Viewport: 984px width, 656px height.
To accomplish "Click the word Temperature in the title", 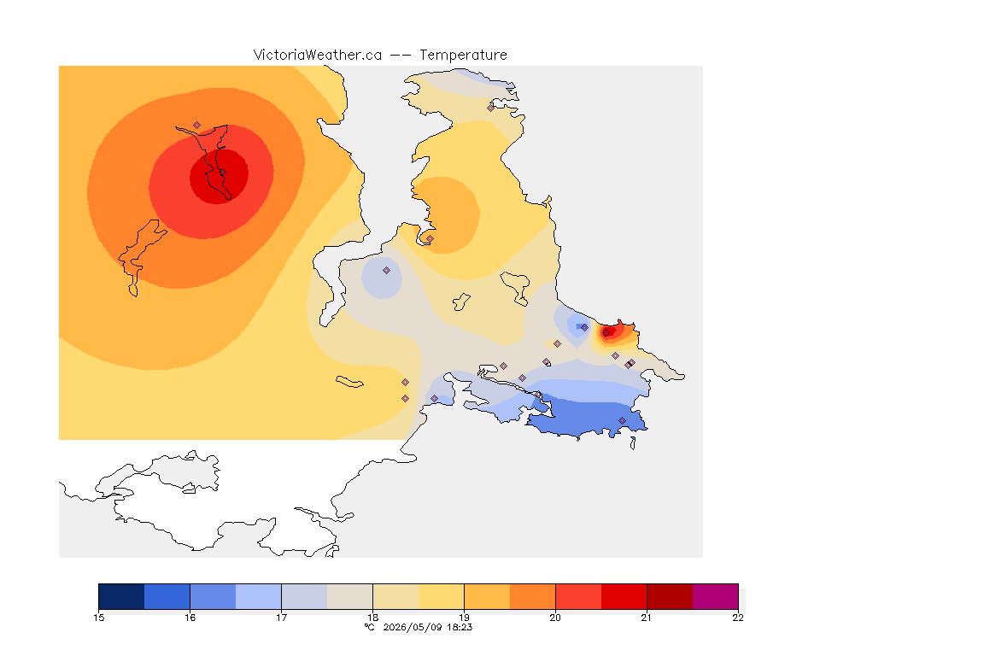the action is [463, 56].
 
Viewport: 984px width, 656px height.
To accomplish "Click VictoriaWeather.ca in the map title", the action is [318, 56].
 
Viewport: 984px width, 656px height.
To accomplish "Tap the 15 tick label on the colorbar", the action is [98, 618].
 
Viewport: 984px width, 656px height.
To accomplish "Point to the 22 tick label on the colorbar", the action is [738, 618].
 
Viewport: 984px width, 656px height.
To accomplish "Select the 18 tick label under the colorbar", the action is [372, 618].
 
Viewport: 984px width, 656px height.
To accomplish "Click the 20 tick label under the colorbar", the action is [555, 618].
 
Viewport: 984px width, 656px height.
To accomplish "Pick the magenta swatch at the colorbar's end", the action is [716, 596].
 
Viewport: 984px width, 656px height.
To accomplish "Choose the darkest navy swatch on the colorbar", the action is [122, 596].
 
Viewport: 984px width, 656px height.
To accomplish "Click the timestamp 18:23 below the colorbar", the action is [460, 627].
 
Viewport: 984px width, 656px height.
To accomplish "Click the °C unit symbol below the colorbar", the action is [370, 627].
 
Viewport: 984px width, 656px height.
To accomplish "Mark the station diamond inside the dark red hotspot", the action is [222, 173].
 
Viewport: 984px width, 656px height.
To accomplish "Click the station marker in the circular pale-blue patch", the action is [387, 271].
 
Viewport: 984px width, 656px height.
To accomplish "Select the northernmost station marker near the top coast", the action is [491, 108].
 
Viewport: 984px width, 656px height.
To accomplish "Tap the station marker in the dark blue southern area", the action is [622, 420].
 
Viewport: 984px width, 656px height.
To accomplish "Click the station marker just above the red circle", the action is [197, 126].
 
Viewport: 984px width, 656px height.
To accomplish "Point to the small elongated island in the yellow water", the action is [349, 382].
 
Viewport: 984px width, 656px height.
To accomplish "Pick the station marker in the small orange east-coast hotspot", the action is [606, 333].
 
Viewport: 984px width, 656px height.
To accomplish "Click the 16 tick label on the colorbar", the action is [190, 618].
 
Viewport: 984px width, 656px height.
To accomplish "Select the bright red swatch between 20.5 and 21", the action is [624, 596].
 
